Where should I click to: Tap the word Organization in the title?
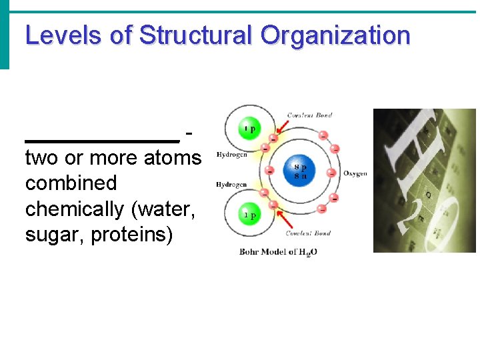[x=335, y=35]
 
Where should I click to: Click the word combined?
[x=71, y=183]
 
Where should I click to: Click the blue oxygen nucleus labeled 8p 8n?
[x=300, y=171]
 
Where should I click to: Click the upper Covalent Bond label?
[x=309, y=115]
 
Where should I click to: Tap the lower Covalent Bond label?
[x=309, y=233]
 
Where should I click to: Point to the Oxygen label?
[x=355, y=173]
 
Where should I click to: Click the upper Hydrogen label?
[x=231, y=155]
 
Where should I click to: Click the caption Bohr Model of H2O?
[x=279, y=252]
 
